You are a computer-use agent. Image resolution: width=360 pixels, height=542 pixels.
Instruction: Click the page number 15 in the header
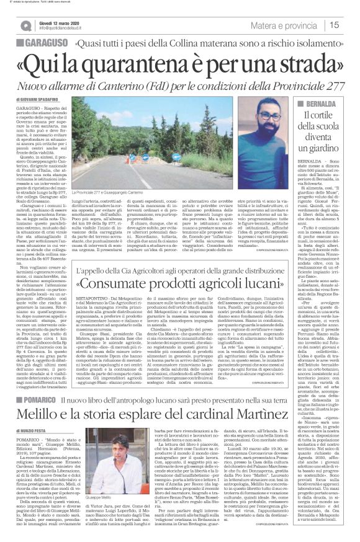point(351,25)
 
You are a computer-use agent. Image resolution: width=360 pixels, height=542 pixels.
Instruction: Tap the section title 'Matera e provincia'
point(293,25)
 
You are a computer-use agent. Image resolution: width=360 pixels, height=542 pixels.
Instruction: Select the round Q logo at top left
point(25,24)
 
